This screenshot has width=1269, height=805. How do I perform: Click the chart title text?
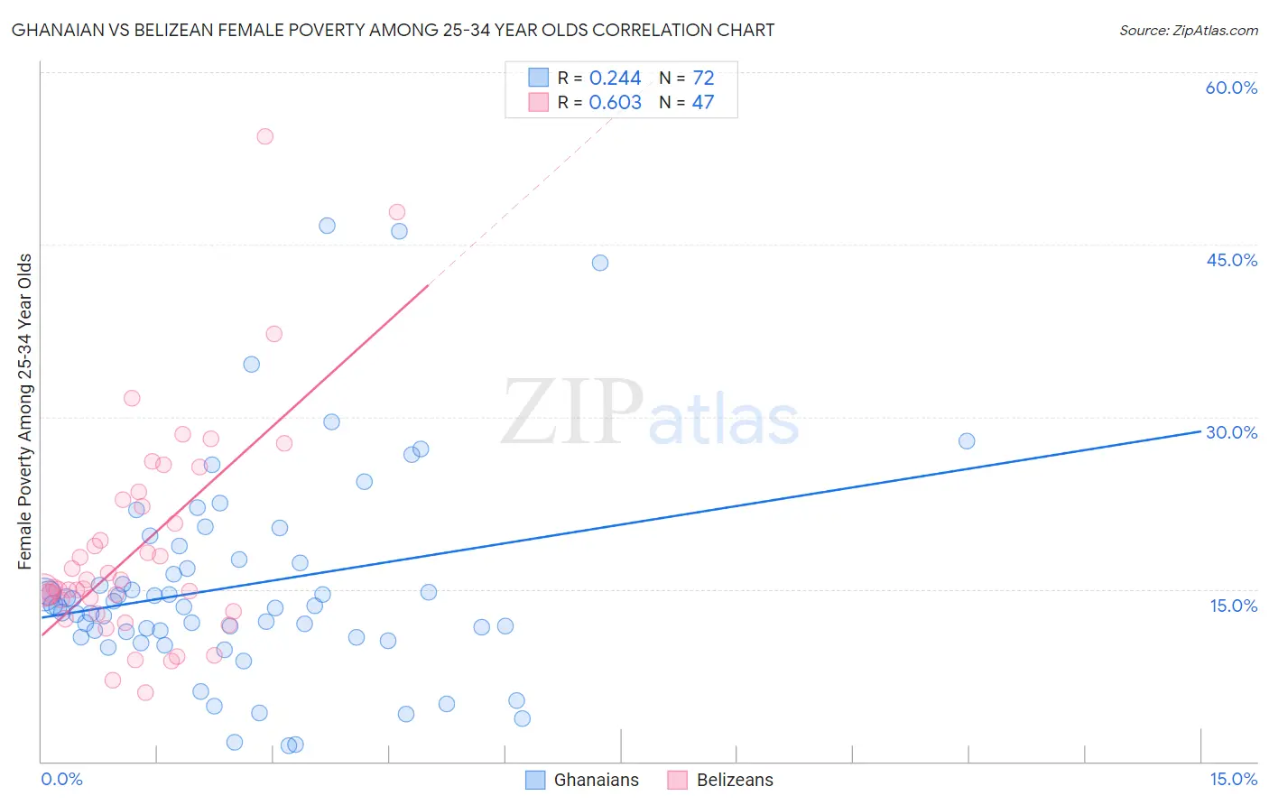[393, 31]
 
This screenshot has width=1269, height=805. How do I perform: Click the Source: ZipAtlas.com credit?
[1188, 31]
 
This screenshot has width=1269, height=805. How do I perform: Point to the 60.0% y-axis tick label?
[1231, 88]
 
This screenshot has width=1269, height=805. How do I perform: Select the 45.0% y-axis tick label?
[1231, 260]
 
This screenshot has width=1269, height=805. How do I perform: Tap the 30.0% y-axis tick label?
[1231, 432]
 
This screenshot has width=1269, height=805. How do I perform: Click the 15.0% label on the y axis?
[1233, 605]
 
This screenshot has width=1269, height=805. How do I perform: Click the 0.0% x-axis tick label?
[61, 779]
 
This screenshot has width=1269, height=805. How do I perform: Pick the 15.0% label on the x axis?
[1233, 779]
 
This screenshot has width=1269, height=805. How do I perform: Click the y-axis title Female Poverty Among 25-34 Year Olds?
[25, 412]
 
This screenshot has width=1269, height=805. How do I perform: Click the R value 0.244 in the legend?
[615, 79]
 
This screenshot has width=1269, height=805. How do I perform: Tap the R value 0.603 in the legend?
[615, 103]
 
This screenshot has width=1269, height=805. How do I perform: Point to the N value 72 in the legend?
[703, 79]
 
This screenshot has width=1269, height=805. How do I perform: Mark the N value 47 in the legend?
[702, 103]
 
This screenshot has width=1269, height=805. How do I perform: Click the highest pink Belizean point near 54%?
[264, 136]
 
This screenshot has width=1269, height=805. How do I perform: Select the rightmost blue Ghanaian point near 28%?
[967, 441]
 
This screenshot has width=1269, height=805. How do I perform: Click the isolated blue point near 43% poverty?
[600, 263]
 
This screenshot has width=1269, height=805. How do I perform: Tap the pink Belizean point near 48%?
[397, 212]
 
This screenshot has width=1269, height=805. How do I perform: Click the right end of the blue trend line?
[1200, 431]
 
